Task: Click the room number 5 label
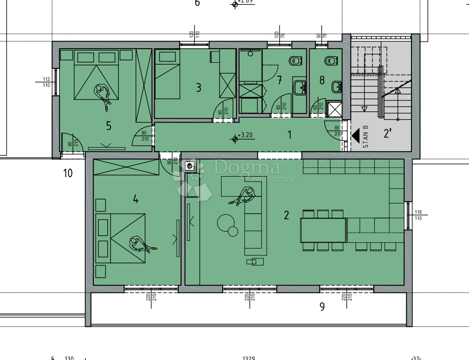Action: (x=109, y=126)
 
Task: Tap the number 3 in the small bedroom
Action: (x=198, y=87)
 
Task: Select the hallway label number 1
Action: (x=290, y=135)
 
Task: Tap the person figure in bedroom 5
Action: (x=103, y=94)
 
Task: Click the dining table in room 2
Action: (x=323, y=230)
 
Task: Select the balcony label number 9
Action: (x=322, y=306)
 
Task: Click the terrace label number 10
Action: (x=68, y=173)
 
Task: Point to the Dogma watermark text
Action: (x=247, y=167)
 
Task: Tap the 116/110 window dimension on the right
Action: (x=418, y=215)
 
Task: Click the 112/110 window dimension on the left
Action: (x=46, y=82)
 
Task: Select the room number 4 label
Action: (x=136, y=199)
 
